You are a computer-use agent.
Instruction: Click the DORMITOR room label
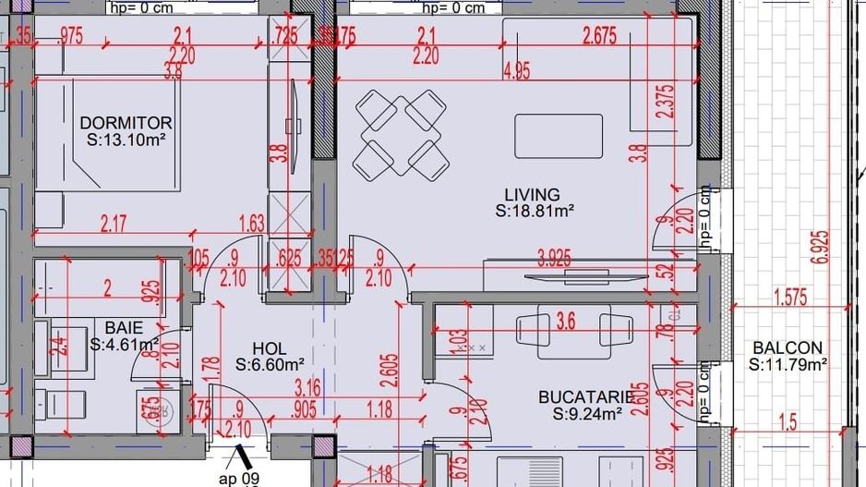point(126,123)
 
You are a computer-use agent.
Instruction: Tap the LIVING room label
point(532,194)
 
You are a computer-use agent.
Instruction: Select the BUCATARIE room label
point(586,397)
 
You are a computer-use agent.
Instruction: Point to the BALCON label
point(787,347)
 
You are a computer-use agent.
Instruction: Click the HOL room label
point(270,348)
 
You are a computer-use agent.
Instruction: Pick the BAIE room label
point(123,326)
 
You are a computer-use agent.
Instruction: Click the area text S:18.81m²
point(535,211)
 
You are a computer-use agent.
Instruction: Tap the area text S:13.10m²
point(126,140)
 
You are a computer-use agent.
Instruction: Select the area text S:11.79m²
point(787,364)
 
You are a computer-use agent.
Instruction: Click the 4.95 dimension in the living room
point(516,72)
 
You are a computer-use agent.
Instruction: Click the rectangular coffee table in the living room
point(558,136)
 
